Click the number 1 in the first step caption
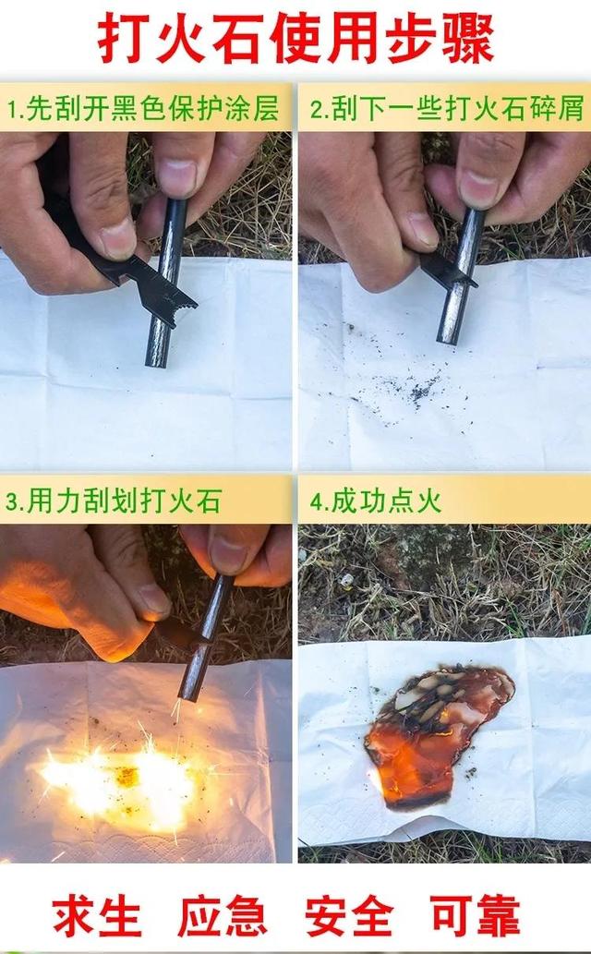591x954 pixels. pyautogui.click(x=13, y=110)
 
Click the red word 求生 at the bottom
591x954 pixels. pyautogui.click(x=97, y=915)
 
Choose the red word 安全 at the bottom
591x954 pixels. pyautogui.click(x=349, y=915)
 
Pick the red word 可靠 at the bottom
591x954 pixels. pyautogui.click(x=476, y=915)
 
